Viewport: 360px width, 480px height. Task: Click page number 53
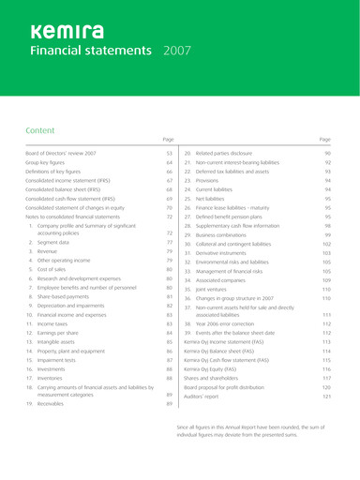[170, 152]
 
